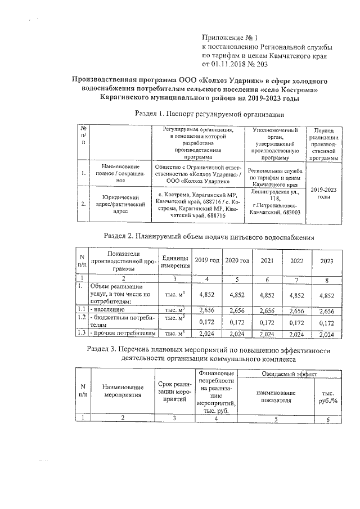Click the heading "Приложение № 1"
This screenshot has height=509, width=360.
(x=228, y=37)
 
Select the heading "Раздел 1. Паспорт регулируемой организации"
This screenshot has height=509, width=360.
(x=208, y=114)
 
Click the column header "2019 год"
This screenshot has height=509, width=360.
(x=207, y=261)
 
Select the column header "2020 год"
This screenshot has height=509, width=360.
(x=237, y=261)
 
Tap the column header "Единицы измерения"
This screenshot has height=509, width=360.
(x=175, y=260)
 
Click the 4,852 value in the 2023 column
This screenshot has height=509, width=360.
(x=326, y=295)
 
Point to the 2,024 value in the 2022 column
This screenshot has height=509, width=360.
(x=296, y=334)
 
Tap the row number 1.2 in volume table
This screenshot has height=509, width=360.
(x=82, y=318)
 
